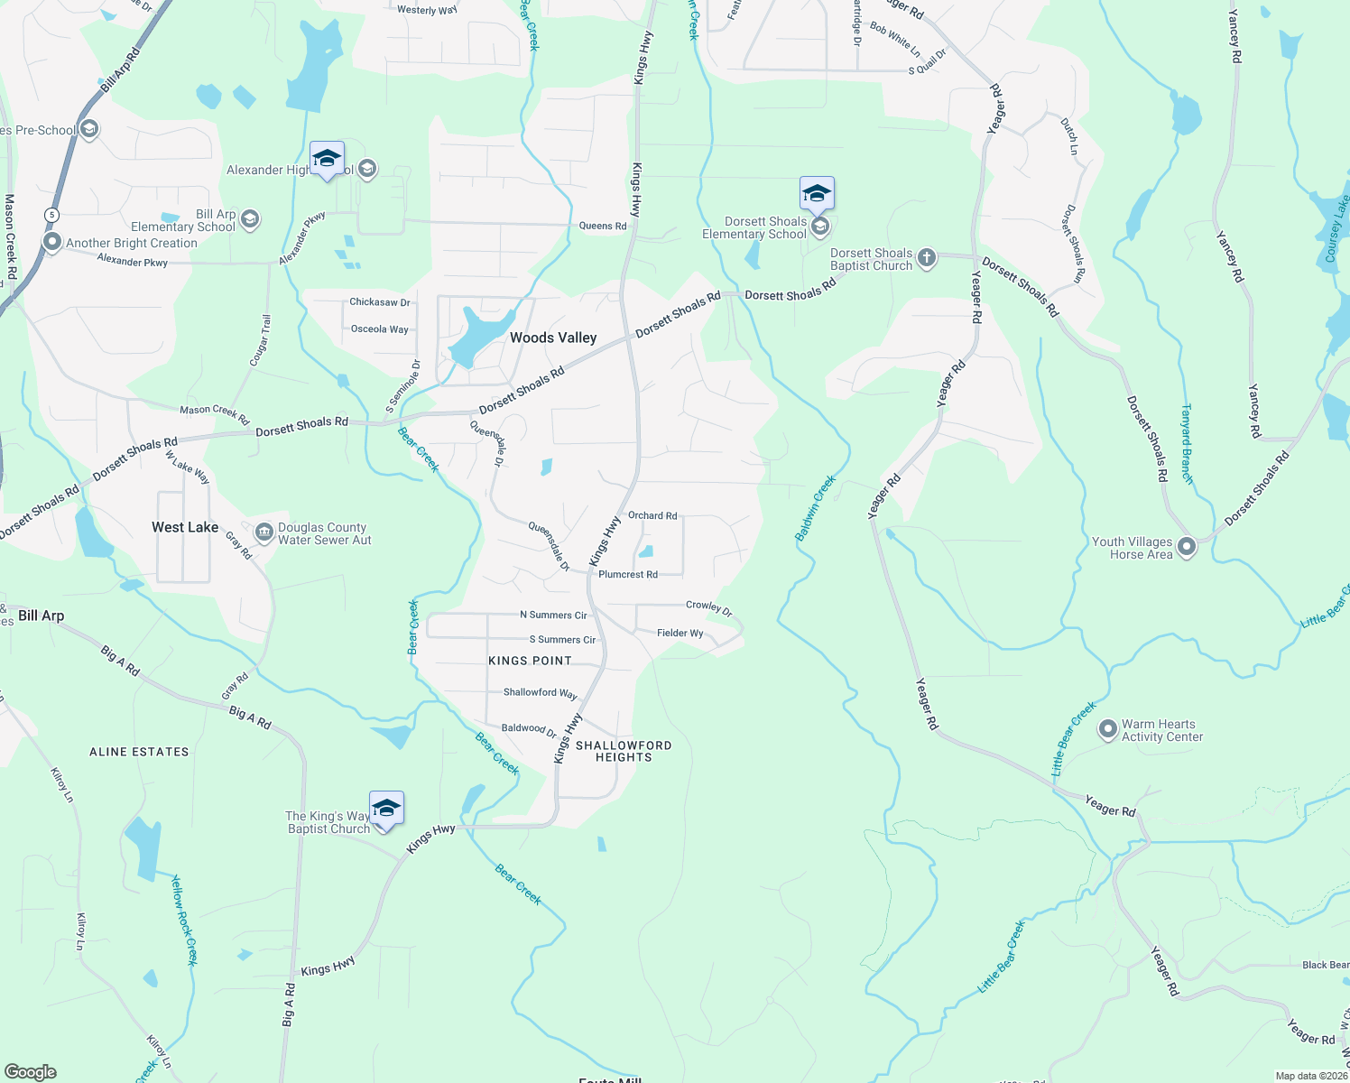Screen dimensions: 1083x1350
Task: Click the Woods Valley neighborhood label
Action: [553, 338]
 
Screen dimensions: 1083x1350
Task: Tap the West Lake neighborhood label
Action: [185, 527]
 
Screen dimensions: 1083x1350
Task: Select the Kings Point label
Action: [530, 661]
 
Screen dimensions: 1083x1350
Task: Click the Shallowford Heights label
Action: [624, 751]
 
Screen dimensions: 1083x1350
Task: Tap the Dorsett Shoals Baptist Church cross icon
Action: [927, 260]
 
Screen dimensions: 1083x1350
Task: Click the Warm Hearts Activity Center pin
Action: [1107, 730]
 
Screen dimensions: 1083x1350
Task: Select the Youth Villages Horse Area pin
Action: [1187, 547]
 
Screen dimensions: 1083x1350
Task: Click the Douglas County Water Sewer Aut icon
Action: [264, 532]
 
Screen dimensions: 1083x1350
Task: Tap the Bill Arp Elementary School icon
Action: [250, 219]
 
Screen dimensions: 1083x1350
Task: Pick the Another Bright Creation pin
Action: [52, 243]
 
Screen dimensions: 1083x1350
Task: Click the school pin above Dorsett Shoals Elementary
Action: [817, 194]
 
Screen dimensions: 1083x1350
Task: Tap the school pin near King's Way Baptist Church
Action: [386, 809]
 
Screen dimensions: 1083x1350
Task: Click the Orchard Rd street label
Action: [652, 516]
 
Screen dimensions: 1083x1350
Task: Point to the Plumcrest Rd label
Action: [628, 575]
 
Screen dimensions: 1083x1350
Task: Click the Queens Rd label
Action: [603, 226]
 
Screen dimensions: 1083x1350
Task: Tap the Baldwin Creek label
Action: [815, 508]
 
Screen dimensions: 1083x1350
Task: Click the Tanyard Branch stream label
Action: [1187, 443]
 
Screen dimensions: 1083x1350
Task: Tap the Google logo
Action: [30, 1072]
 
